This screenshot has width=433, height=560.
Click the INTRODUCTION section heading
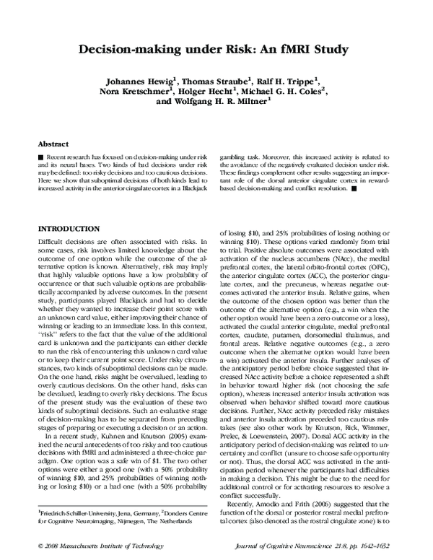(74, 228)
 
